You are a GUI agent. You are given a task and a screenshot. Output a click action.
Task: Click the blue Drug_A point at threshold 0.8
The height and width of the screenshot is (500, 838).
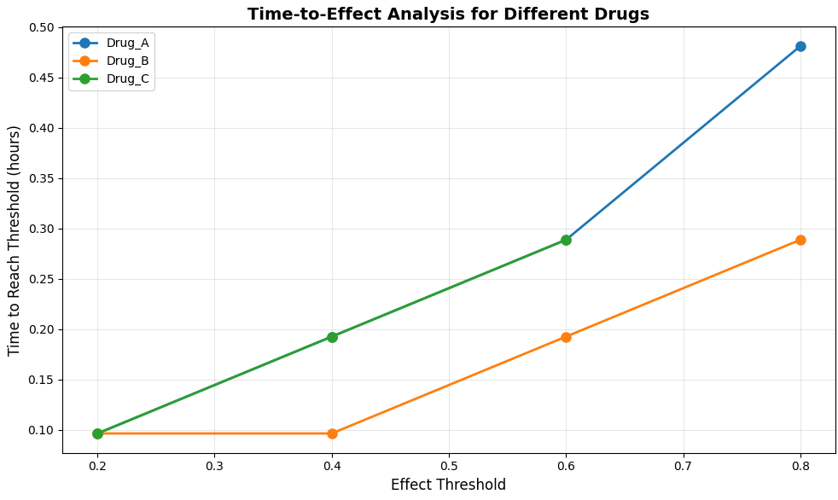click(800, 46)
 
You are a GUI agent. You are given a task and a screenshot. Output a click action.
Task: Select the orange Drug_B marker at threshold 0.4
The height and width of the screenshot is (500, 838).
click(332, 433)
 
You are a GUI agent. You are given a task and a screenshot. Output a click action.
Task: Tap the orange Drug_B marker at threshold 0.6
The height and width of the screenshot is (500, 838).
click(566, 337)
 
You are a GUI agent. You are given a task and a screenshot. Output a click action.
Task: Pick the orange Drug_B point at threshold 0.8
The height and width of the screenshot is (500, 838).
click(800, 240)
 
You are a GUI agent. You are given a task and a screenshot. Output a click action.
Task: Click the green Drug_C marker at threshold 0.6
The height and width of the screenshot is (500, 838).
click(566, 240)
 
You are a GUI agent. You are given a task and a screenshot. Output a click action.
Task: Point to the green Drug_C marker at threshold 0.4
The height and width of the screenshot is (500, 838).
click(332, 337)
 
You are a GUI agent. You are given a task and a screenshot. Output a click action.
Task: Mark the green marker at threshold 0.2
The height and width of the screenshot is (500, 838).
click(97, 433)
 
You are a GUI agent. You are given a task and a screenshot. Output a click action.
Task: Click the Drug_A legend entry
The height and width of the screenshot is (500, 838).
click(111, 44)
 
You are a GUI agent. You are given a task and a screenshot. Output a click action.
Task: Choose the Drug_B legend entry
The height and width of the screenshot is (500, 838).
click(111, 61)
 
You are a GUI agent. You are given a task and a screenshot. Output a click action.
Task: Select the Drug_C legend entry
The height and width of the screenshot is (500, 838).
click(111, 78)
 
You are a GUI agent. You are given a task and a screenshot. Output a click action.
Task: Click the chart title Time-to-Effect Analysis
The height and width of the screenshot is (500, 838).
click(448, 14)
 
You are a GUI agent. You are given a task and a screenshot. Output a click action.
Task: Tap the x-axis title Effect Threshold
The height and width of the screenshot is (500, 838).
click(448, 485)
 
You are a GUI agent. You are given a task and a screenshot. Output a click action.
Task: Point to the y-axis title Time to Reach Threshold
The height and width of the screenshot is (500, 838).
click(14, 241)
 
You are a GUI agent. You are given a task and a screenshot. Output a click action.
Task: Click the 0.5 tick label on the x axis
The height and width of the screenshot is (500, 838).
click(448, 467)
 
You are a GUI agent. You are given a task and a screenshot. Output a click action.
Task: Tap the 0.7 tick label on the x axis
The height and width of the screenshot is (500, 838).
click(683, 467)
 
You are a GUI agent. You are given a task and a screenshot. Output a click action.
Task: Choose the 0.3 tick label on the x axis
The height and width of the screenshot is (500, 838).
click(214, 467)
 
